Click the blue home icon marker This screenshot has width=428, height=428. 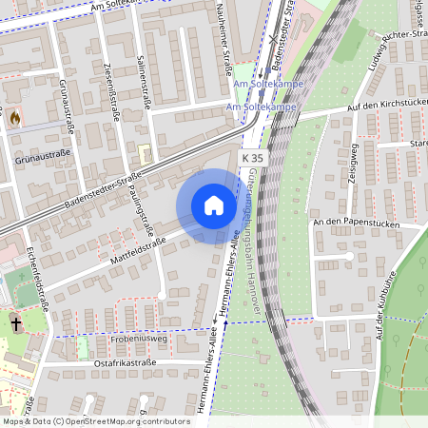[x=213, y=205]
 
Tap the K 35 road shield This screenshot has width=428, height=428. [x=253, y=157]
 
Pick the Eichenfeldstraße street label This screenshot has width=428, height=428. [x=38, y=280]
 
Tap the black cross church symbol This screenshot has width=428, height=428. [x=16, y=323]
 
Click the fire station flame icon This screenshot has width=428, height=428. [x=14, y=118]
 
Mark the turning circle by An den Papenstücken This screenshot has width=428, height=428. [x=349, y=256]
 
